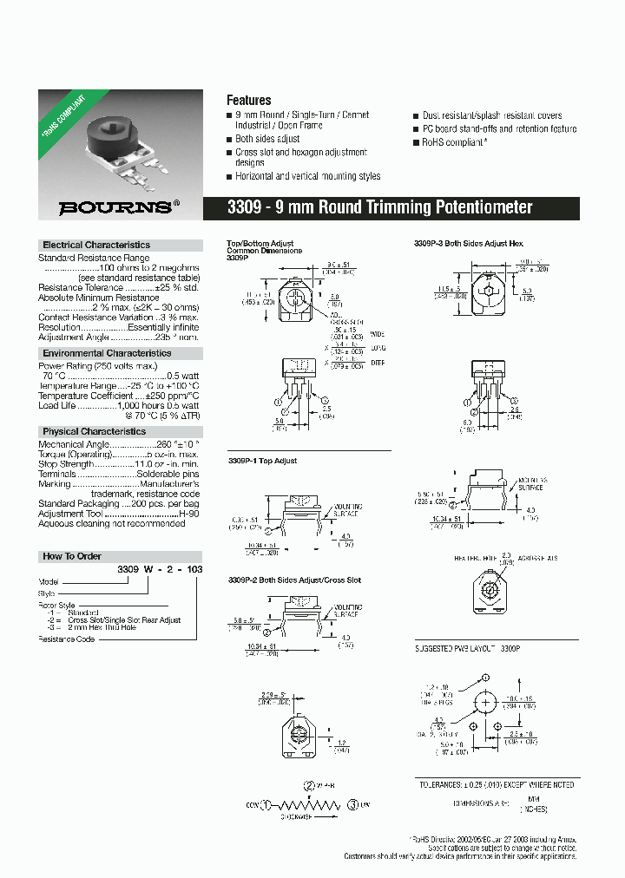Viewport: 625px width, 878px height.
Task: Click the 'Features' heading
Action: (x=248, y=101)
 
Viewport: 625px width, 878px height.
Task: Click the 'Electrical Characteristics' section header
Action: (x=96, y=246)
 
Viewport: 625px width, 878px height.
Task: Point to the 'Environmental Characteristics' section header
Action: (x=107, y=354)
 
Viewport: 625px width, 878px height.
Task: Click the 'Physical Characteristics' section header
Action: (x=95, y=431)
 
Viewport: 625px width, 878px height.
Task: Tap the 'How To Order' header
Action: (x=72, y=556)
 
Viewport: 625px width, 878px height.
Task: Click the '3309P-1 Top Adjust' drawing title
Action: (x=262, y=461)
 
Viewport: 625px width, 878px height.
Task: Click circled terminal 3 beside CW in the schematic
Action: (x=352, y=804)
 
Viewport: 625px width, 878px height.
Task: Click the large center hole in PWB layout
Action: (x=486, y=701)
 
